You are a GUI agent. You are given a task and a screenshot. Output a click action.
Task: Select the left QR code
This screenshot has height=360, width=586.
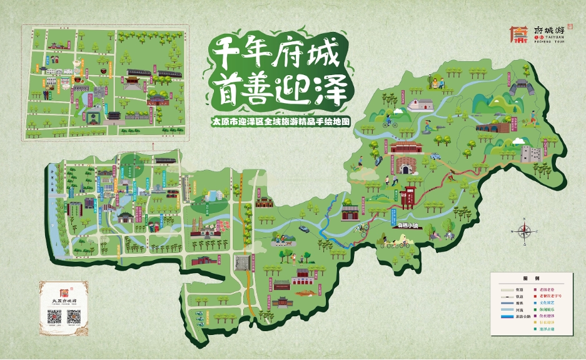pyautogui.click(x=54, y=317)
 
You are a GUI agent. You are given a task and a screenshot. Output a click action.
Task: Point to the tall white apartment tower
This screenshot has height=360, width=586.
pyautogui.click(x=186, y=188)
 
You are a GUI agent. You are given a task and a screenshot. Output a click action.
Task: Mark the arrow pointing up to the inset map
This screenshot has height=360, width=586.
pyautogui.click(x=151, y=146)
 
